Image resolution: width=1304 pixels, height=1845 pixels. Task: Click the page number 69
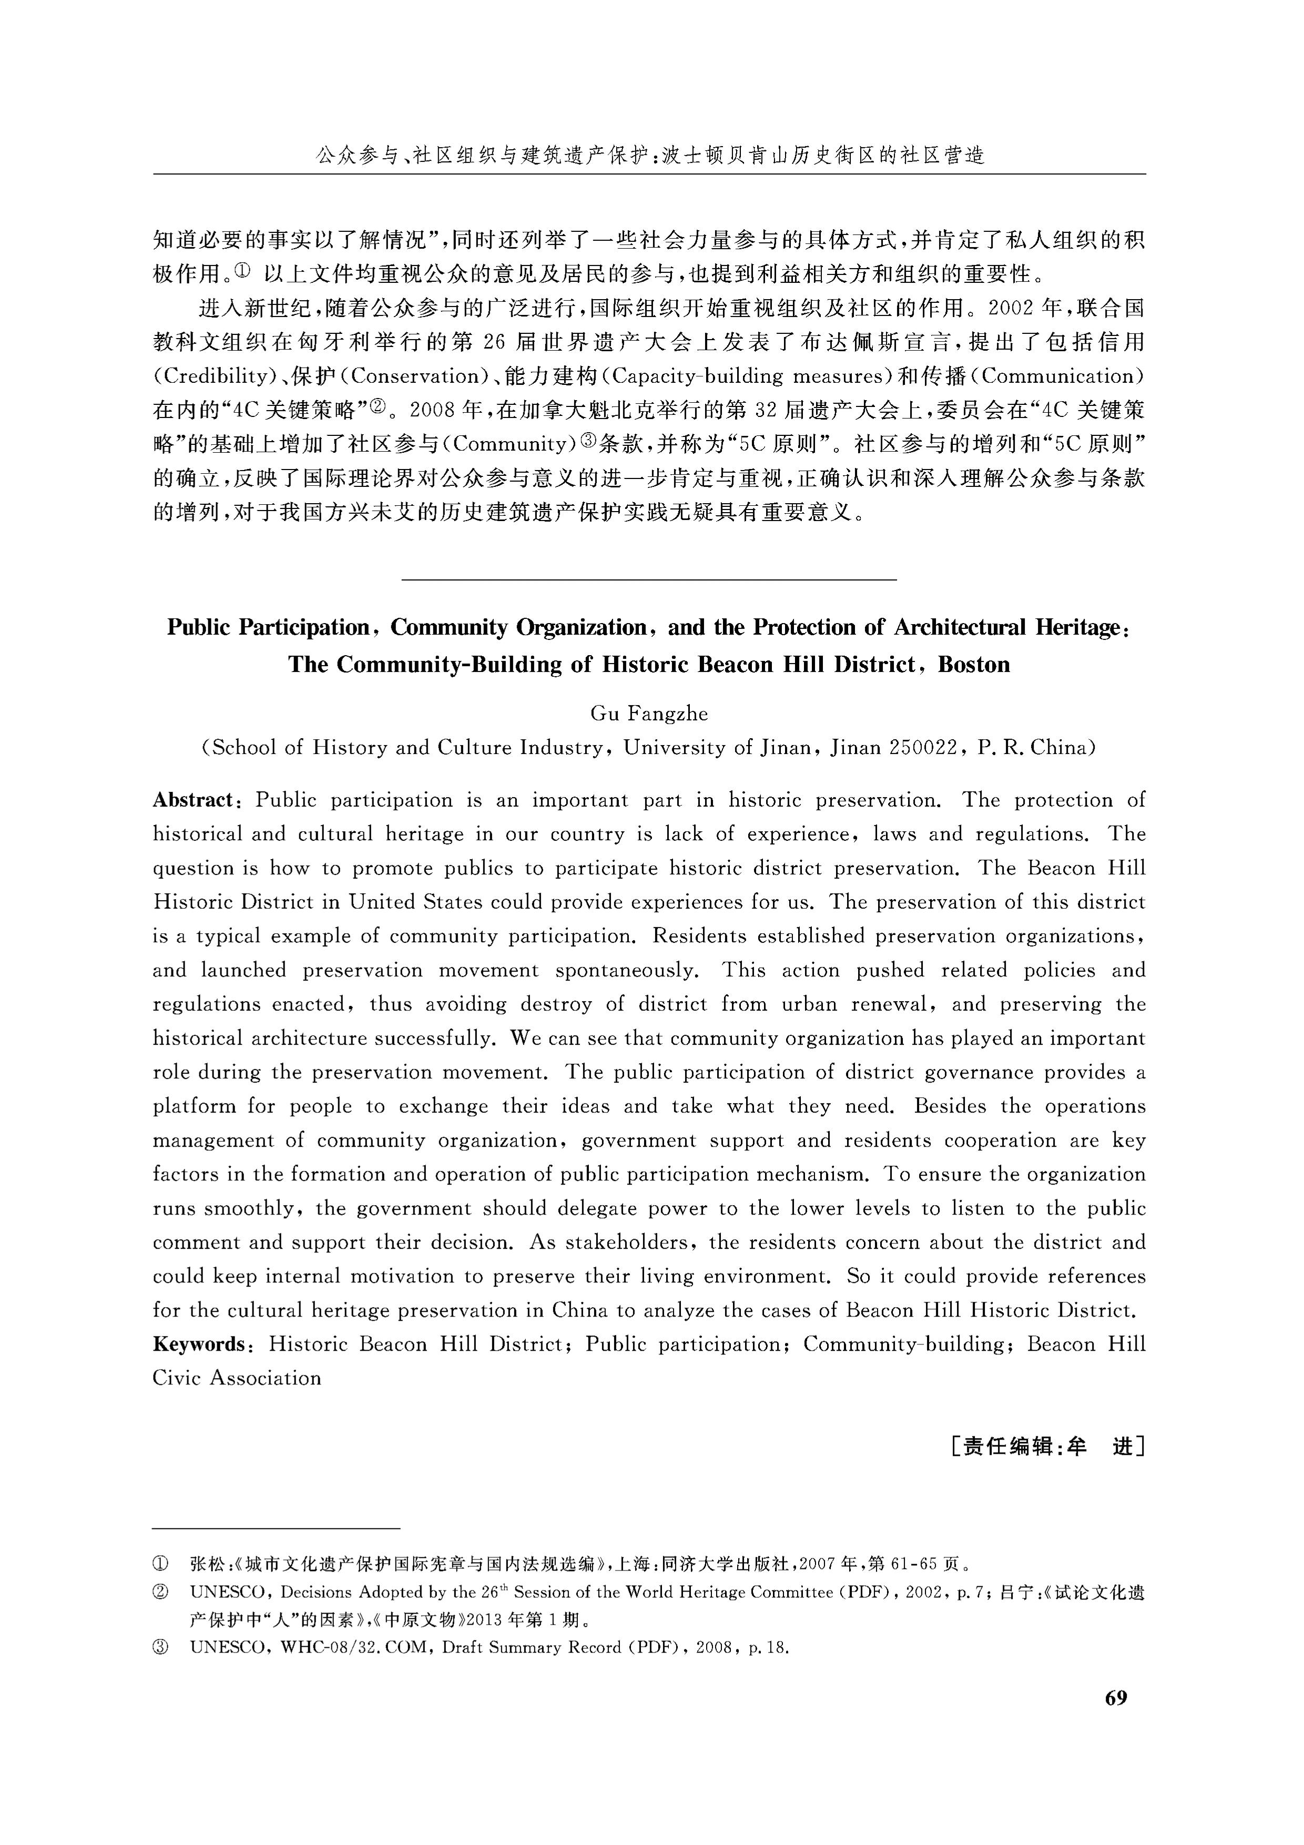(1116, 1698)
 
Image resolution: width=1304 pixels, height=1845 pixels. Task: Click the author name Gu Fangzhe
(649, 713)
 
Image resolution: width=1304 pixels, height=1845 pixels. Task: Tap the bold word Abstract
(193, 800)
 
